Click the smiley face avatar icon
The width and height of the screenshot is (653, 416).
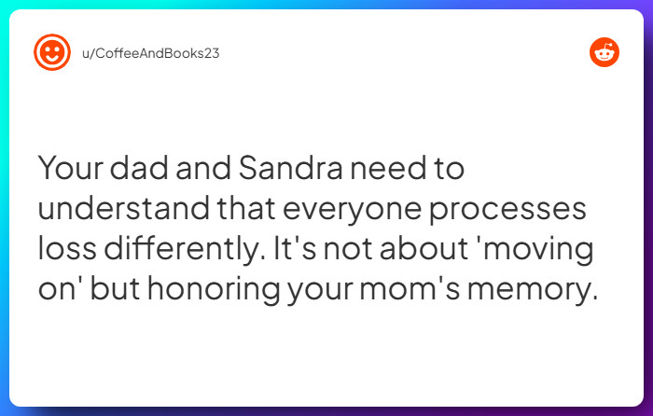click(x=52, y=53)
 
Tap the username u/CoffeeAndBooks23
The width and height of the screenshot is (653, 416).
click(x=150, y=53)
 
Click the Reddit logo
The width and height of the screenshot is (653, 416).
click(x=604, y=53)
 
